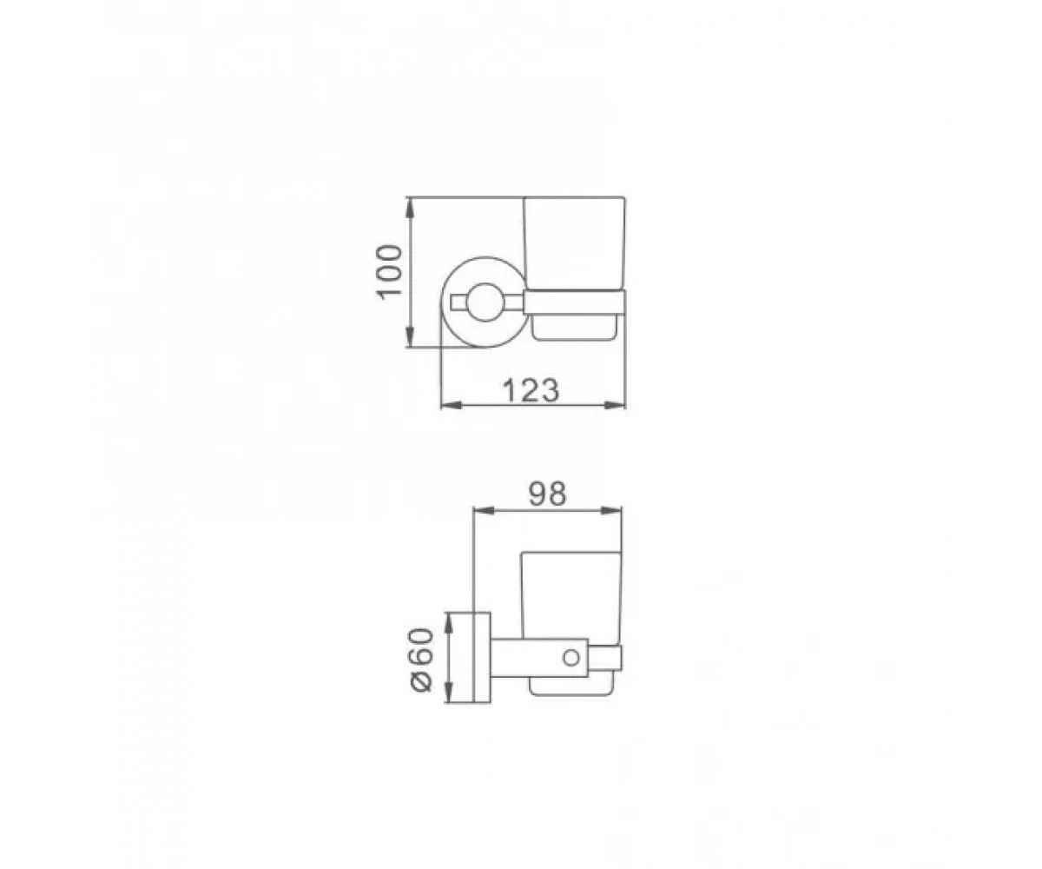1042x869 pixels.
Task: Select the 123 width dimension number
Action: (531, 390)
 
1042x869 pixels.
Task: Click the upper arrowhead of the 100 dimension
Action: (410, 208)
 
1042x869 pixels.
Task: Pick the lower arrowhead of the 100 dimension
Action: (410, 337)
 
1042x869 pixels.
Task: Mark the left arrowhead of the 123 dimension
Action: (452, 406)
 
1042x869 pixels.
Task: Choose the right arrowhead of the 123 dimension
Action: (616, 406)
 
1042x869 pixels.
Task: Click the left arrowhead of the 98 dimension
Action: (483, 510)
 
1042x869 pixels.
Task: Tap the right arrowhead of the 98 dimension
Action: (612, 510)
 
